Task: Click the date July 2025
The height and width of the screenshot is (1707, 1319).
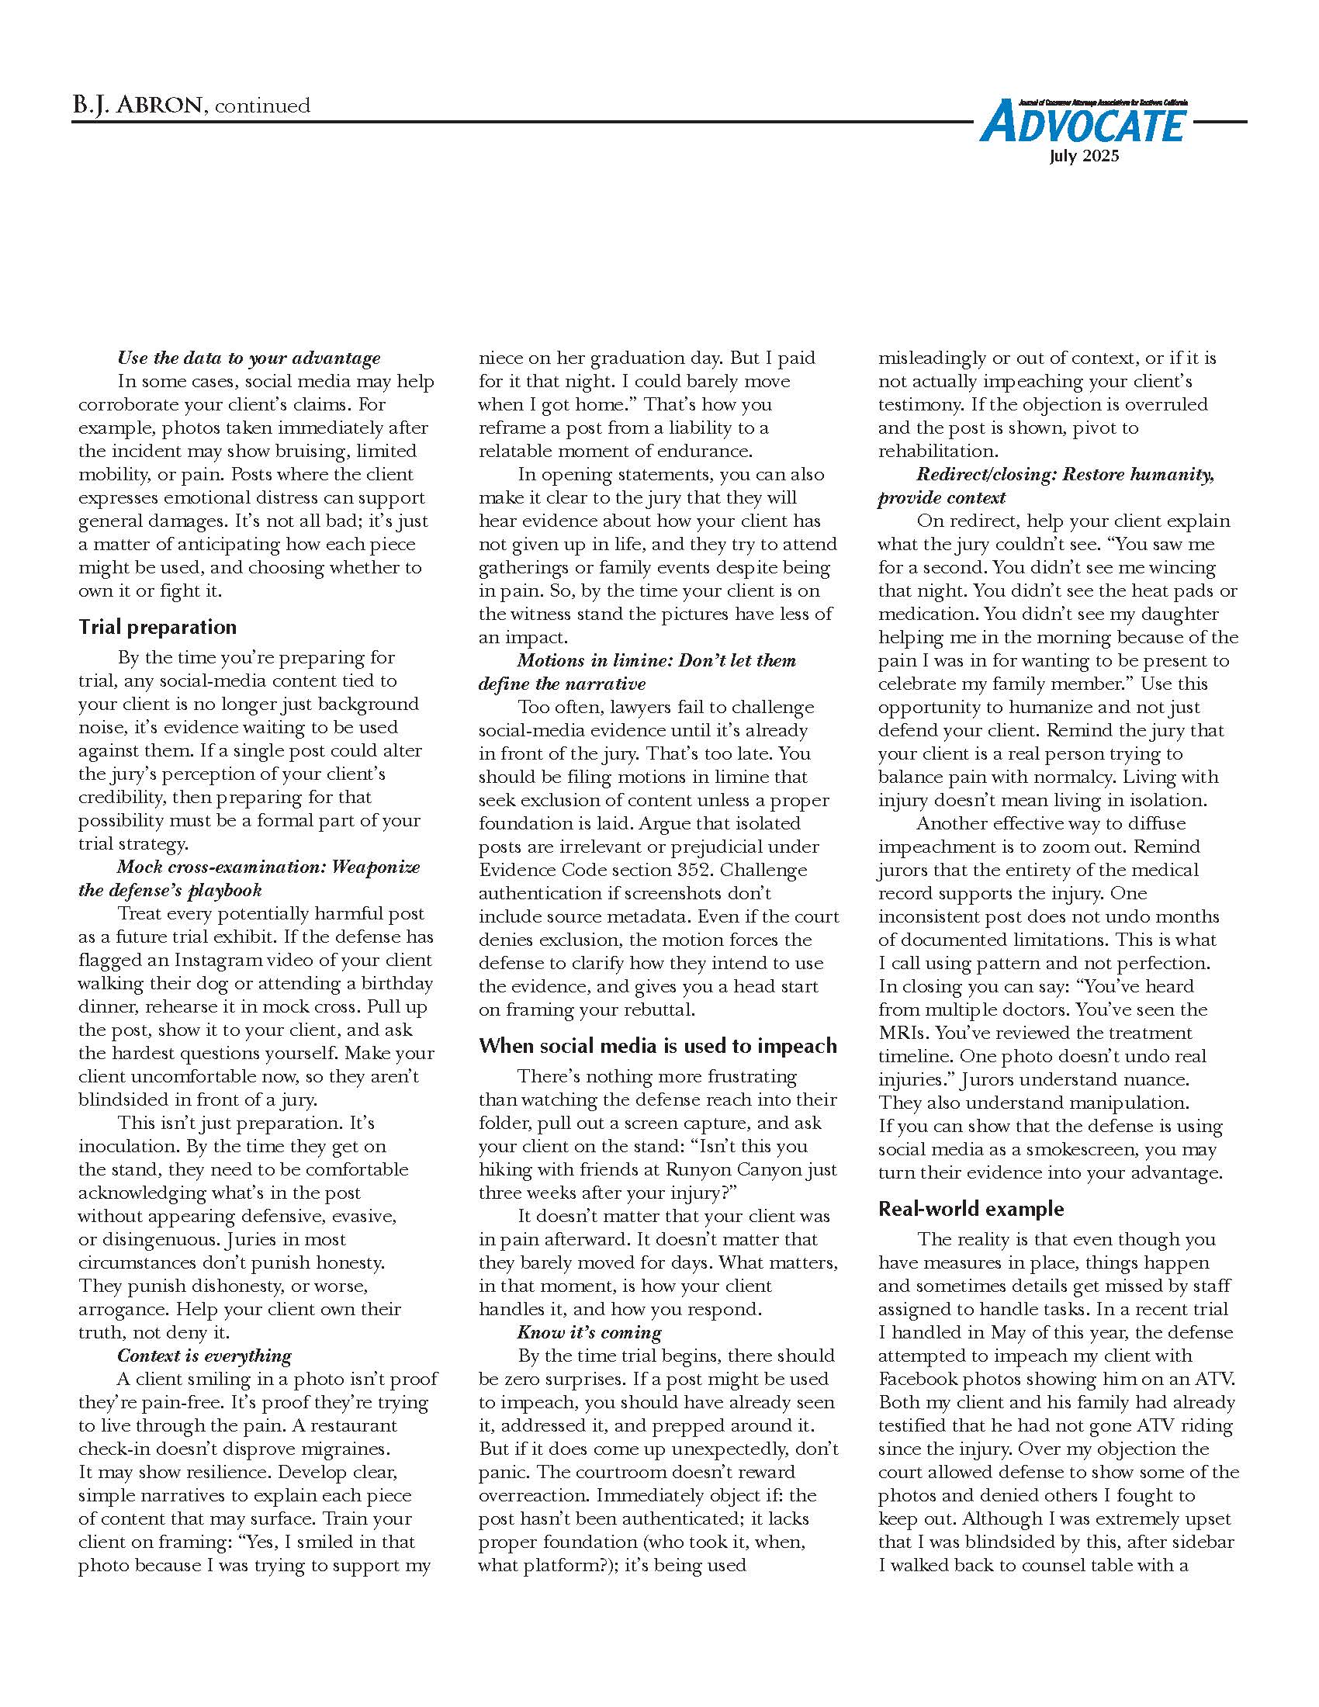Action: pos(1084,156)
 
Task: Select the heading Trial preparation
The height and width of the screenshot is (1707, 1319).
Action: pos(157,627)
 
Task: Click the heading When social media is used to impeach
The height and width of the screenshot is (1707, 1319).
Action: pos(657,1046)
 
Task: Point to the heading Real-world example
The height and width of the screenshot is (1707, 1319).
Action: pos(971,1209)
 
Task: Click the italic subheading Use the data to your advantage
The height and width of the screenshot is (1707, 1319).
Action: pos(248,358)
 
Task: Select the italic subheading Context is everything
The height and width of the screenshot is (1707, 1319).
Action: pos(204,1356)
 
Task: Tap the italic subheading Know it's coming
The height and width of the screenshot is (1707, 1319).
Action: pos(588,1331)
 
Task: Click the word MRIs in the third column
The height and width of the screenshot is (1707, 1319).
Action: pos(901,1033)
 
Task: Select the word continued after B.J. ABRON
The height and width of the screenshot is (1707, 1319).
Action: pos(261,106)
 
